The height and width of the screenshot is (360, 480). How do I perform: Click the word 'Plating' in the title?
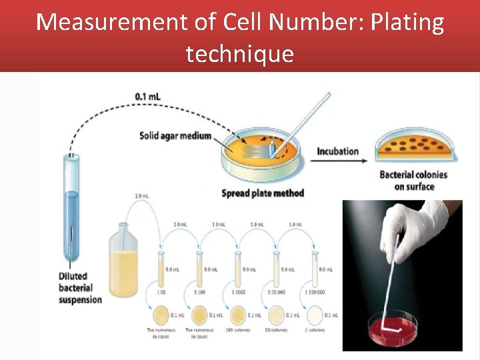pos(406,23)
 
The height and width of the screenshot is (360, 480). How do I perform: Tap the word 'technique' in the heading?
pos(239,53)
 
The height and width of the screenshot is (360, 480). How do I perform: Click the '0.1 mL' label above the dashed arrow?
pos(147,97)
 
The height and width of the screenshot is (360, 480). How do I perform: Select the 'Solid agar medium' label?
pos(175,136)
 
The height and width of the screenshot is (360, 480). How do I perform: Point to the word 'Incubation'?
pos(337,151)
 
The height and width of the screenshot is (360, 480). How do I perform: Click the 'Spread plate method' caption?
pos(263,193)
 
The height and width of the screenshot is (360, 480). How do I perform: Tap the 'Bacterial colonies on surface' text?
pos(413,181)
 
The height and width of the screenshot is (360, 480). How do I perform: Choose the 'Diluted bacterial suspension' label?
pos(79,288)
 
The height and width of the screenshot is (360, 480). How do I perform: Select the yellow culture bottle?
pos(124,263)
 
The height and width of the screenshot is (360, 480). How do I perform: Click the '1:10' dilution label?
pos(161,293)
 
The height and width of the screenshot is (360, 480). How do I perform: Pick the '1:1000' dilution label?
pos(238,293)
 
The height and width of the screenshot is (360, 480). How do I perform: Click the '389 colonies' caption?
pos(238,331)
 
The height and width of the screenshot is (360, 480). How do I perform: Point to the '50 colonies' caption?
pos(277,331)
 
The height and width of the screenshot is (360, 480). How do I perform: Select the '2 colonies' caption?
pos(315,331)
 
